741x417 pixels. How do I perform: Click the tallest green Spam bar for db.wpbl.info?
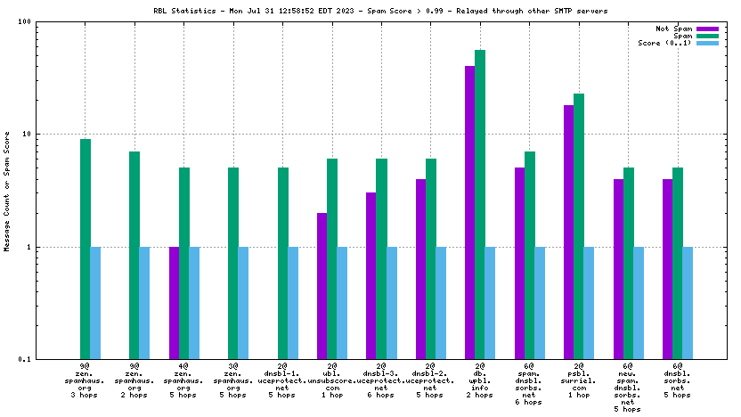tap(480, 204)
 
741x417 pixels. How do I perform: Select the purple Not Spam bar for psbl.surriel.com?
tap(568, 232)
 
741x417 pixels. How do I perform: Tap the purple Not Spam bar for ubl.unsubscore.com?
tap(322, 285)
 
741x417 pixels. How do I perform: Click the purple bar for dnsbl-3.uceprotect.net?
tap(371, 275)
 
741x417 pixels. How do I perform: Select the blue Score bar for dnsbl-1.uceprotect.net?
tap(293, 303)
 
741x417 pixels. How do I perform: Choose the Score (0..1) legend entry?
tap(665, 43)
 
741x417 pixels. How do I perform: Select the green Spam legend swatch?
tap(706, 36)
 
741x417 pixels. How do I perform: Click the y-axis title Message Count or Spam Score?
tap(7, 191)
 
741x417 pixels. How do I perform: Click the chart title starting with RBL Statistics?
tap(370, 9)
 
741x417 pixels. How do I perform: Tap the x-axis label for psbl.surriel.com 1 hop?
tap(579, 380)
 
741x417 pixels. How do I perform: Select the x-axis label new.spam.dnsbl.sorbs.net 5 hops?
tap(628, 388)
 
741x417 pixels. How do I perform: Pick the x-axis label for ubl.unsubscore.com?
tap(332, 380)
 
